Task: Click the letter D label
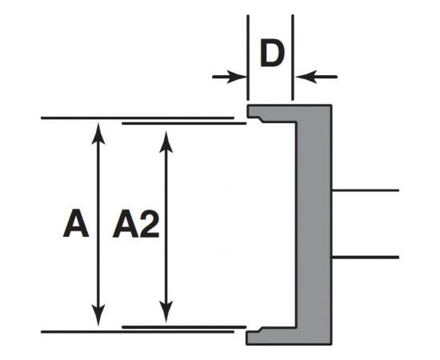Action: coord(272,54)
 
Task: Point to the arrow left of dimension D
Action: coord(230,77)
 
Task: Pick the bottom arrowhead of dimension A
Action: coord(98,318)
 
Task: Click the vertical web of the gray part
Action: coord(314,224)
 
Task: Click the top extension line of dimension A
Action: coord(72,118)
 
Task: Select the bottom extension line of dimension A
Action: coord(72,331)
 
